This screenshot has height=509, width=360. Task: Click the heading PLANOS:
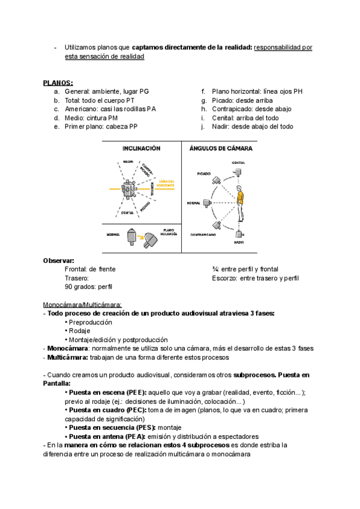[58, 82]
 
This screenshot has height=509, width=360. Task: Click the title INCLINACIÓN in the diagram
[142, 148]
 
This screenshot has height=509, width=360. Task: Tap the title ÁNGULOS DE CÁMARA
[220, 148]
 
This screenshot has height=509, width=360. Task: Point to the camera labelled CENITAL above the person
[239, 172]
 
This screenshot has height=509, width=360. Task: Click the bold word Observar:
[58, 261]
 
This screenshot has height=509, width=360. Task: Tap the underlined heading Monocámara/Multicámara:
[82, 304]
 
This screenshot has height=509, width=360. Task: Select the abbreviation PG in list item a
[143, 91]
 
